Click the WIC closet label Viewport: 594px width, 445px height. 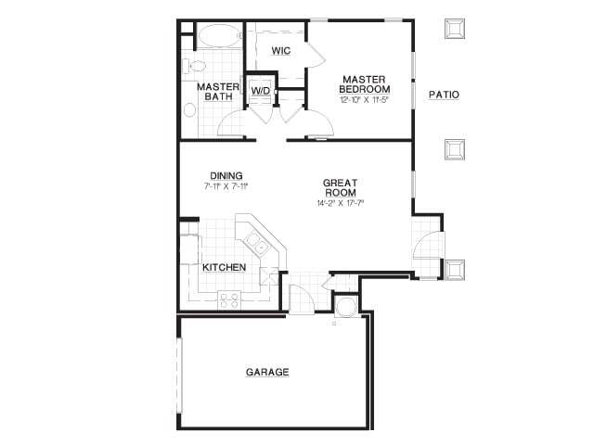coord(281,51)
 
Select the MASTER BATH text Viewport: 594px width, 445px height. coord(218,92)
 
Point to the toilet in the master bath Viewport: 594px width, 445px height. coord(194,66)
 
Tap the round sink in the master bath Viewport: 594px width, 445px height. coord(189,109)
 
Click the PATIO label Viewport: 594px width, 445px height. coord(444,95)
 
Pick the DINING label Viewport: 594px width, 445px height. coord(226,175)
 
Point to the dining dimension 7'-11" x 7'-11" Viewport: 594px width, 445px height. coord(226,186)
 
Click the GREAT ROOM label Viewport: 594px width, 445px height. coord(341,187)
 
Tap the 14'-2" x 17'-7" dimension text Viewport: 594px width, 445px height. coord(341,203)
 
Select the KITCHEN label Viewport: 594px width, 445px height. coord(225,267)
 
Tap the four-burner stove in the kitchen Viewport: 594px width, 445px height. coord(228,299)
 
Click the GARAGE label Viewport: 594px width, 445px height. coord(267,372)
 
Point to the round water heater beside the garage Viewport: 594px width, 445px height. coord(347,307)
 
